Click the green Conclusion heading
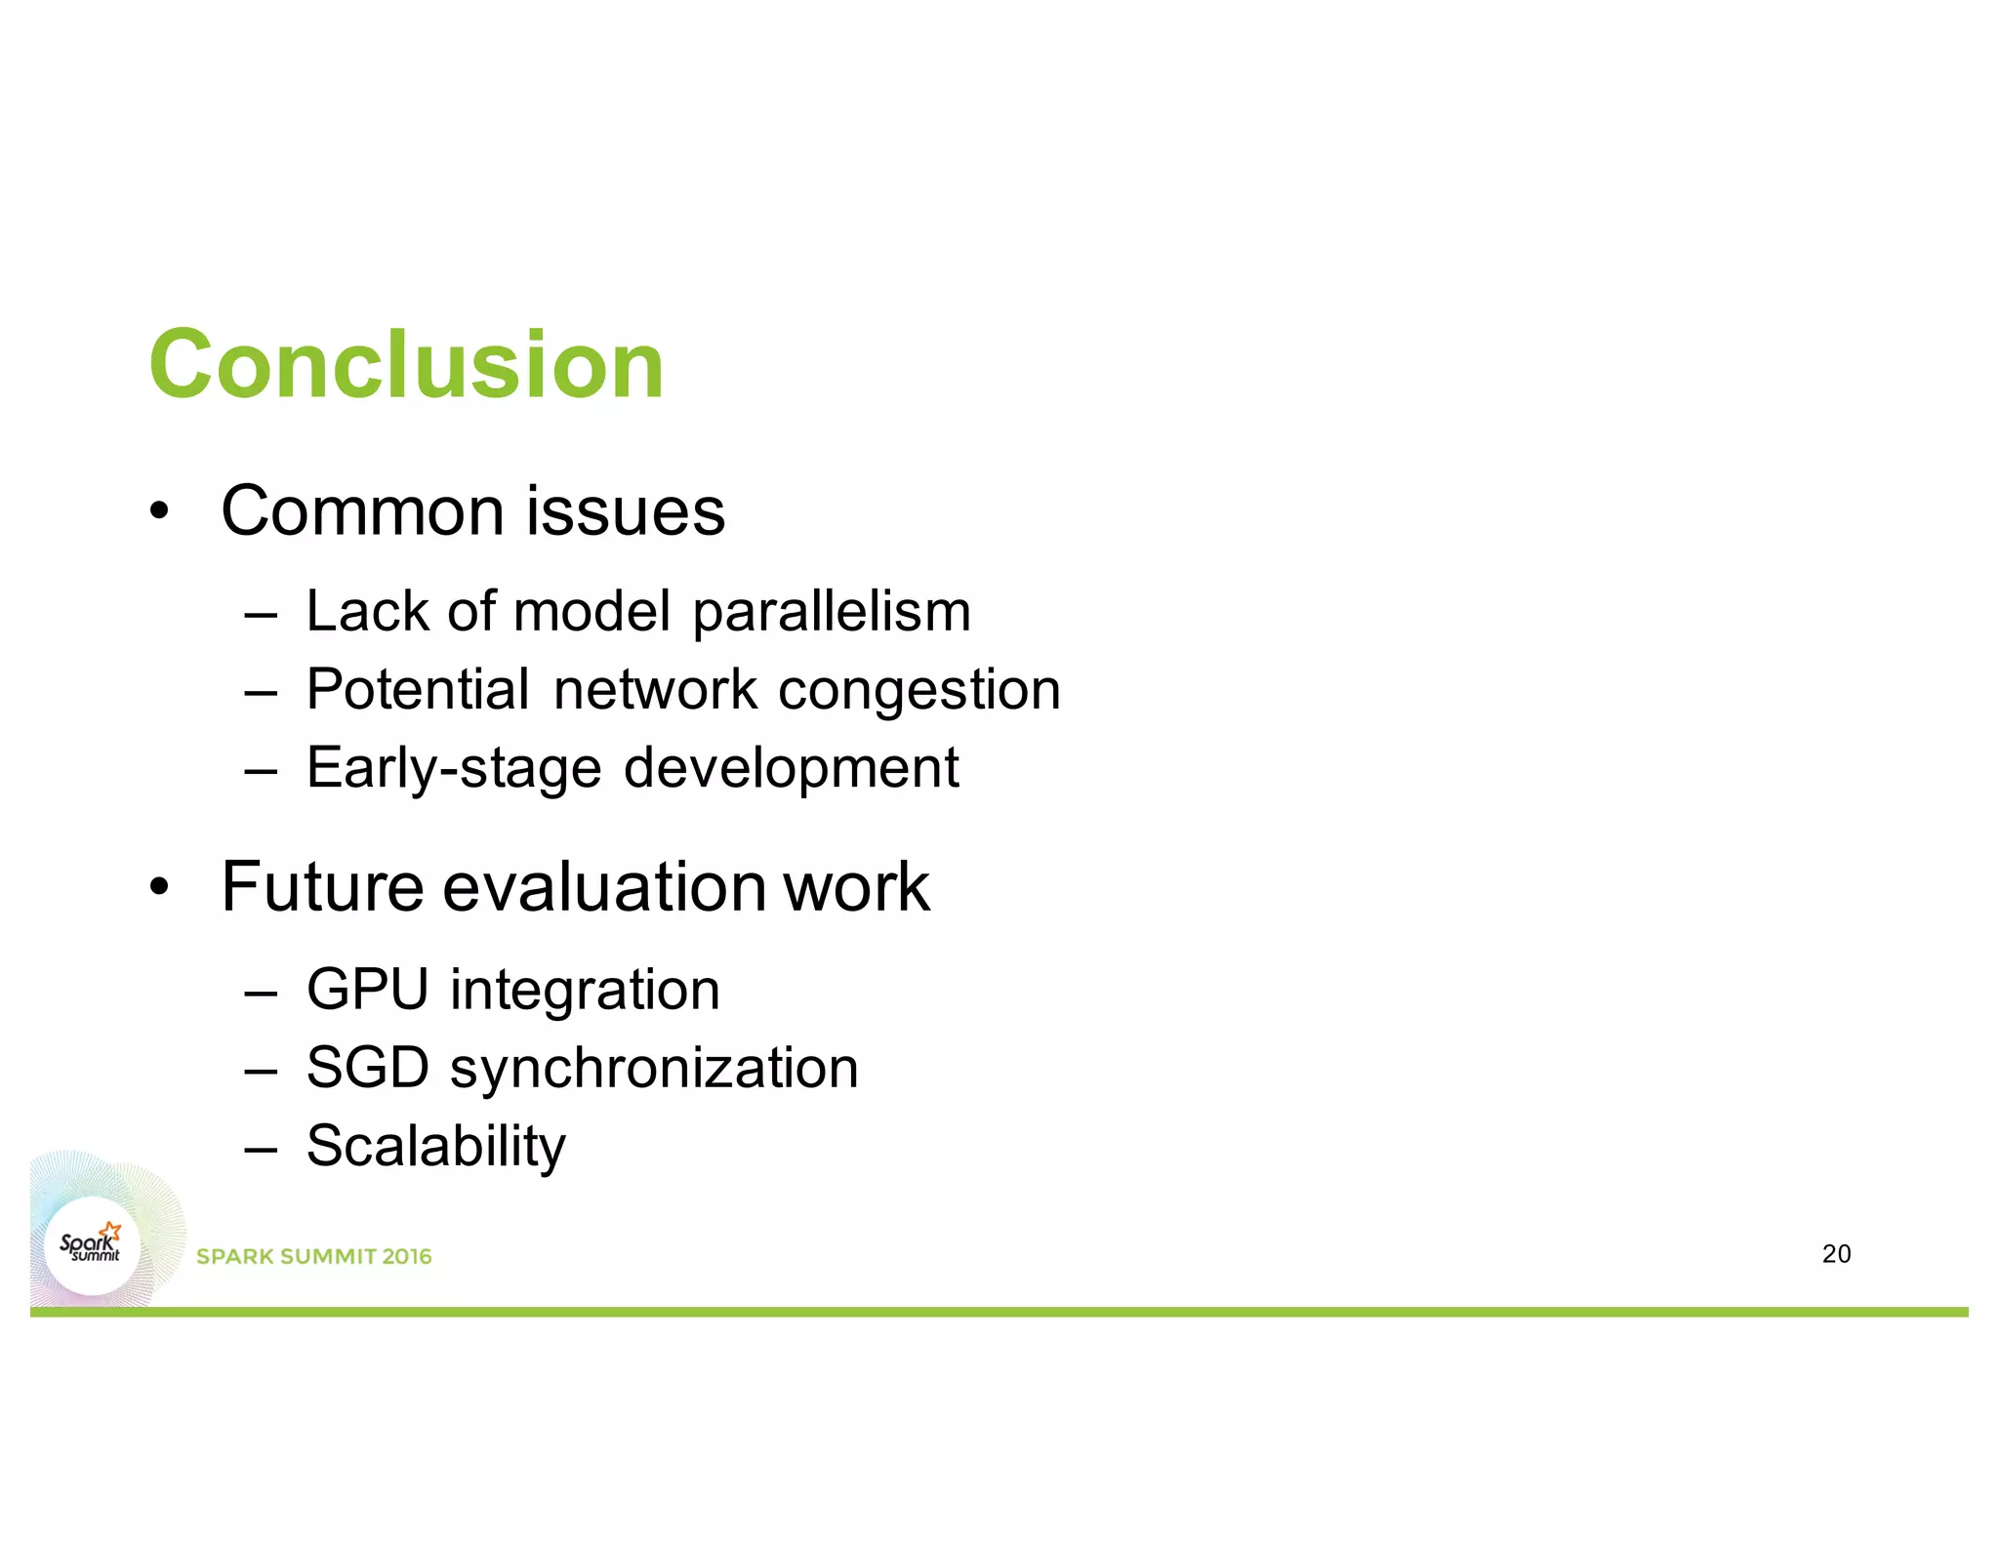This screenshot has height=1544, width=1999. tap(406, 365)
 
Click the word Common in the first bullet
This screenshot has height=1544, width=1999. tap(366, 511)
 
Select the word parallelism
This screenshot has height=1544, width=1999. tap(832, 613)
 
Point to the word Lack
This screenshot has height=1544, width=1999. tap(367, 612)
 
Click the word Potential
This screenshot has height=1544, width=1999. tap(418, 690)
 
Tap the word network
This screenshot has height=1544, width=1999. tap(655, 690)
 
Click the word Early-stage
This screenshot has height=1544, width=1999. tap(453, 769)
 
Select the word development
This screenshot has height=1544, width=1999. tap(791, 769)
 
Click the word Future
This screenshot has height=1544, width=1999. tap(322, 887)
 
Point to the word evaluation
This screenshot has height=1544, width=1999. tap(604, 887)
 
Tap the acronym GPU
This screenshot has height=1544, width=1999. tap(367, 990)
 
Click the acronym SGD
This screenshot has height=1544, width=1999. tap(367, 1068)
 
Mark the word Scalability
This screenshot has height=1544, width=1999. tap(435, 1147)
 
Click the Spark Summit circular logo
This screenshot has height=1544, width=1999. tap(92, 1246)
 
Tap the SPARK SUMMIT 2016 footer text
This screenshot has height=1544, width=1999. tap(313, 1257)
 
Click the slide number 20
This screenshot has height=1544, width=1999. tap(1836, 1254)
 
